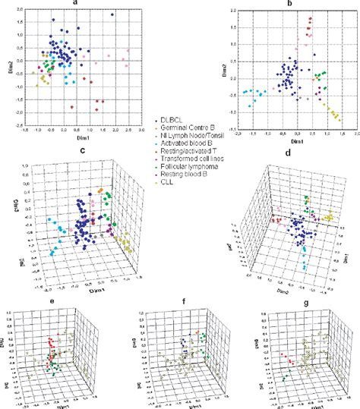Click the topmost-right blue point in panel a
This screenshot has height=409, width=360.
tap(112, 14)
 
